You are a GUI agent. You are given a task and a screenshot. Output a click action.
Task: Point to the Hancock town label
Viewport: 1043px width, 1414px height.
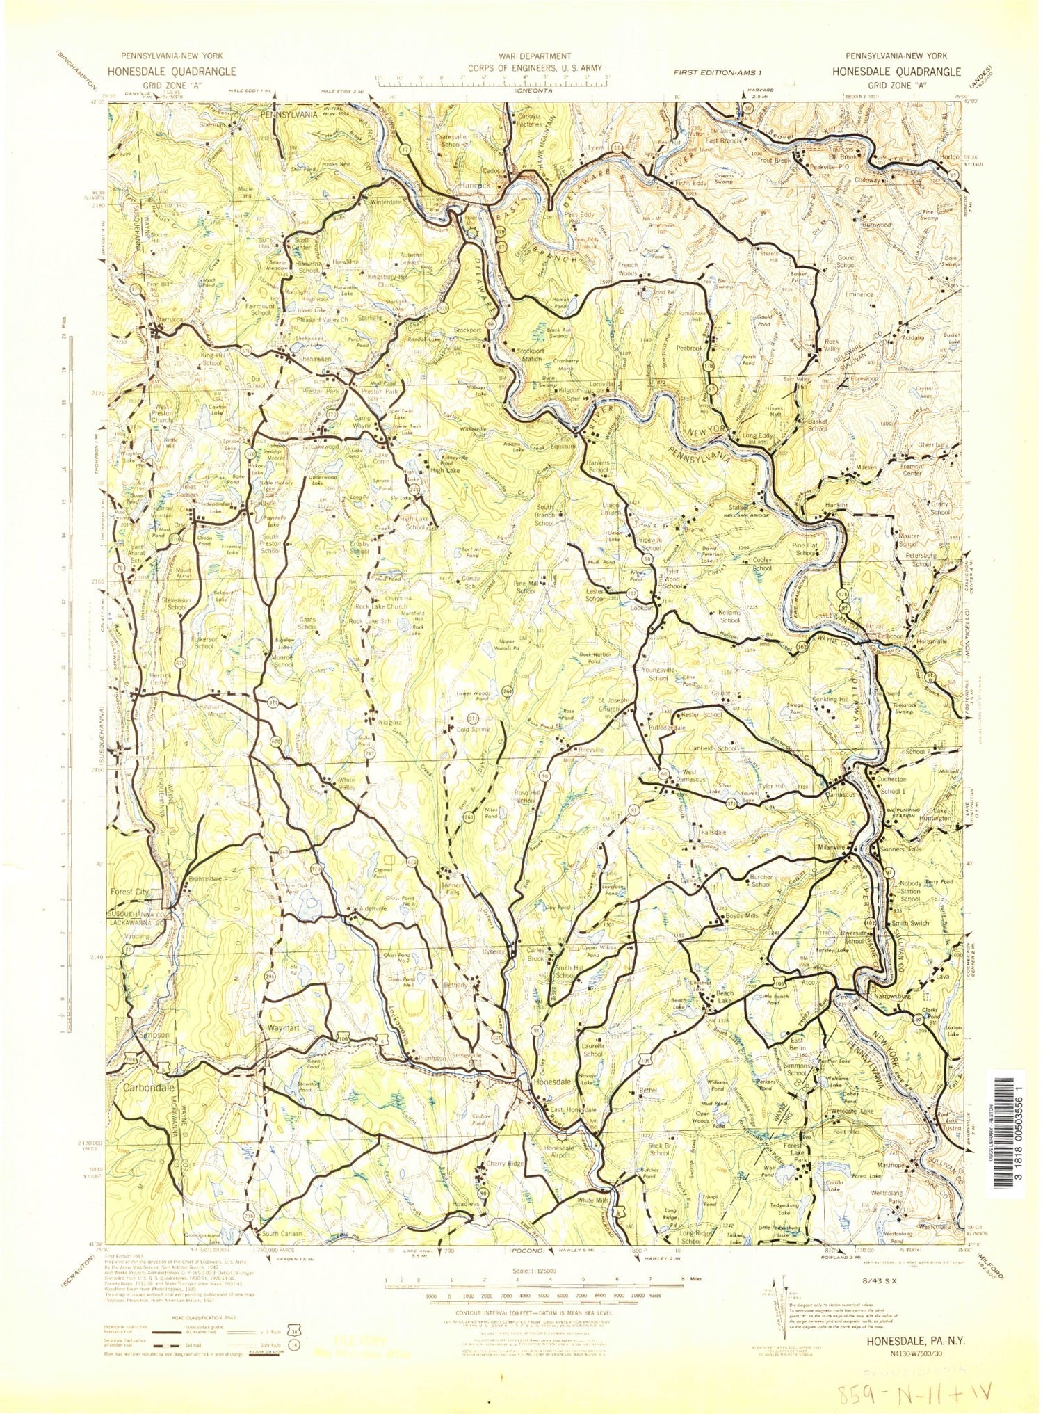[475, 186]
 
